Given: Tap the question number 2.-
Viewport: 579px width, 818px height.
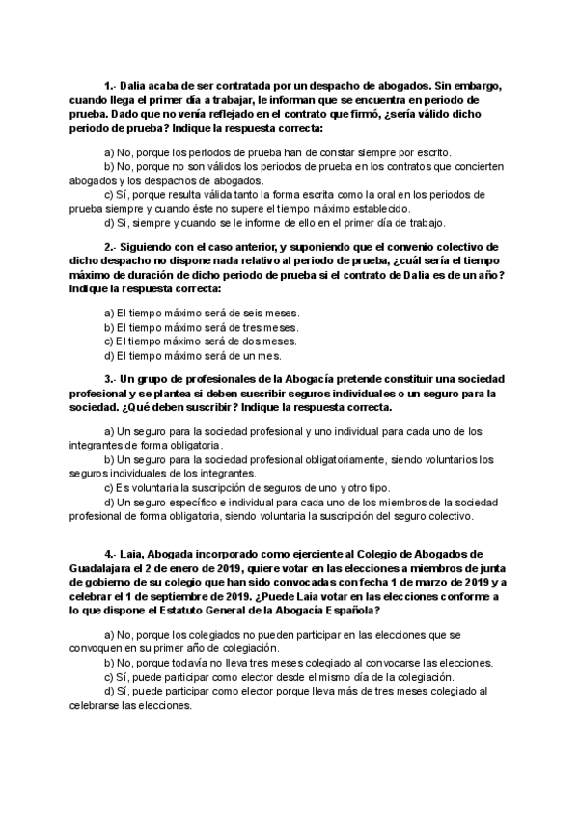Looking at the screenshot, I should point(110,247).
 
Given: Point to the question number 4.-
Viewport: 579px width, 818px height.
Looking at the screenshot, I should point(110,555).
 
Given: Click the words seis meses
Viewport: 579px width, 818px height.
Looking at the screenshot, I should point(275,314).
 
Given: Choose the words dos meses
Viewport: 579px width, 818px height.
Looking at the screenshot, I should point(275,341).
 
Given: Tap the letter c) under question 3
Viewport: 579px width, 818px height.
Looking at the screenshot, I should point(109,487).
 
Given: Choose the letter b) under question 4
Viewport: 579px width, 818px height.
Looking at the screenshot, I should point(109,663).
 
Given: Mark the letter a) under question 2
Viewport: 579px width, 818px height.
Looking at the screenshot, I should point(109,314).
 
